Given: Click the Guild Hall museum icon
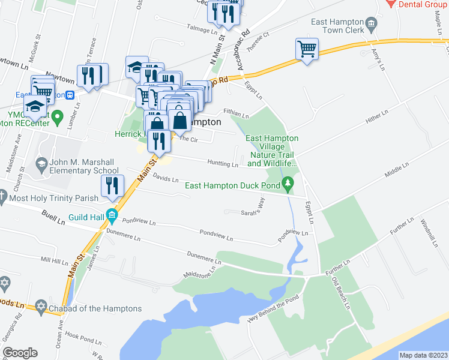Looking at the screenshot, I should [x=111, y=214].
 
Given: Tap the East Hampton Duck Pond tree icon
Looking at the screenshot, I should [x=289, y=181].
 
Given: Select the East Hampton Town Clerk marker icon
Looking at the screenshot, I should [x=372, y=24].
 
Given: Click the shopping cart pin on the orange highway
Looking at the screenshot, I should [x=307, y=49].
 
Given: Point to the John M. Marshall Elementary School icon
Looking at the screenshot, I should [x=41, y=163].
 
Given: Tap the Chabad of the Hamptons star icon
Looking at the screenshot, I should [x=40, y=307].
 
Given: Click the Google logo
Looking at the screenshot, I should [x=20, y=353].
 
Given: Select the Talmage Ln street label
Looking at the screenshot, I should [x=202, y=29].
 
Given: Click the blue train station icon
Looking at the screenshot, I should [x=70, y=95].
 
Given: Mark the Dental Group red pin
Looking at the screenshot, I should [x=391, y=4].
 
